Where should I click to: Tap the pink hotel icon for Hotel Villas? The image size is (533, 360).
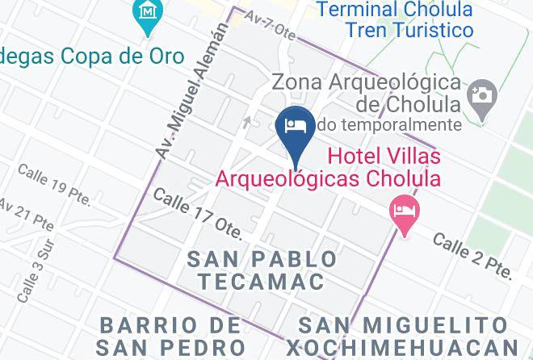pyautogui.click(x=405, y=211)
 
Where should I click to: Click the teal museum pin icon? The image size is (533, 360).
pyautogui.click(x=147, y=14)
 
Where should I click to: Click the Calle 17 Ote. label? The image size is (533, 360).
pyautogui.click(x=197, y=214)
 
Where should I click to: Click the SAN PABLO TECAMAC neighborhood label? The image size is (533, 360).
pyautogui.click(x=262, y=270)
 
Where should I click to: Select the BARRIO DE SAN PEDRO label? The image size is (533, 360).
pyautogui.click(x=169, y=337)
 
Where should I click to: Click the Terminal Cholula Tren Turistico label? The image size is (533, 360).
pyautogui.click(x=395, y=20)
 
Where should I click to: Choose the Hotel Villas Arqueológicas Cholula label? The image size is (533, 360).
pyautogui.click(x=328, y=165)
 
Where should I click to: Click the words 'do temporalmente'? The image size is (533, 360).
pyautogui.click(x=389, y=124)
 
